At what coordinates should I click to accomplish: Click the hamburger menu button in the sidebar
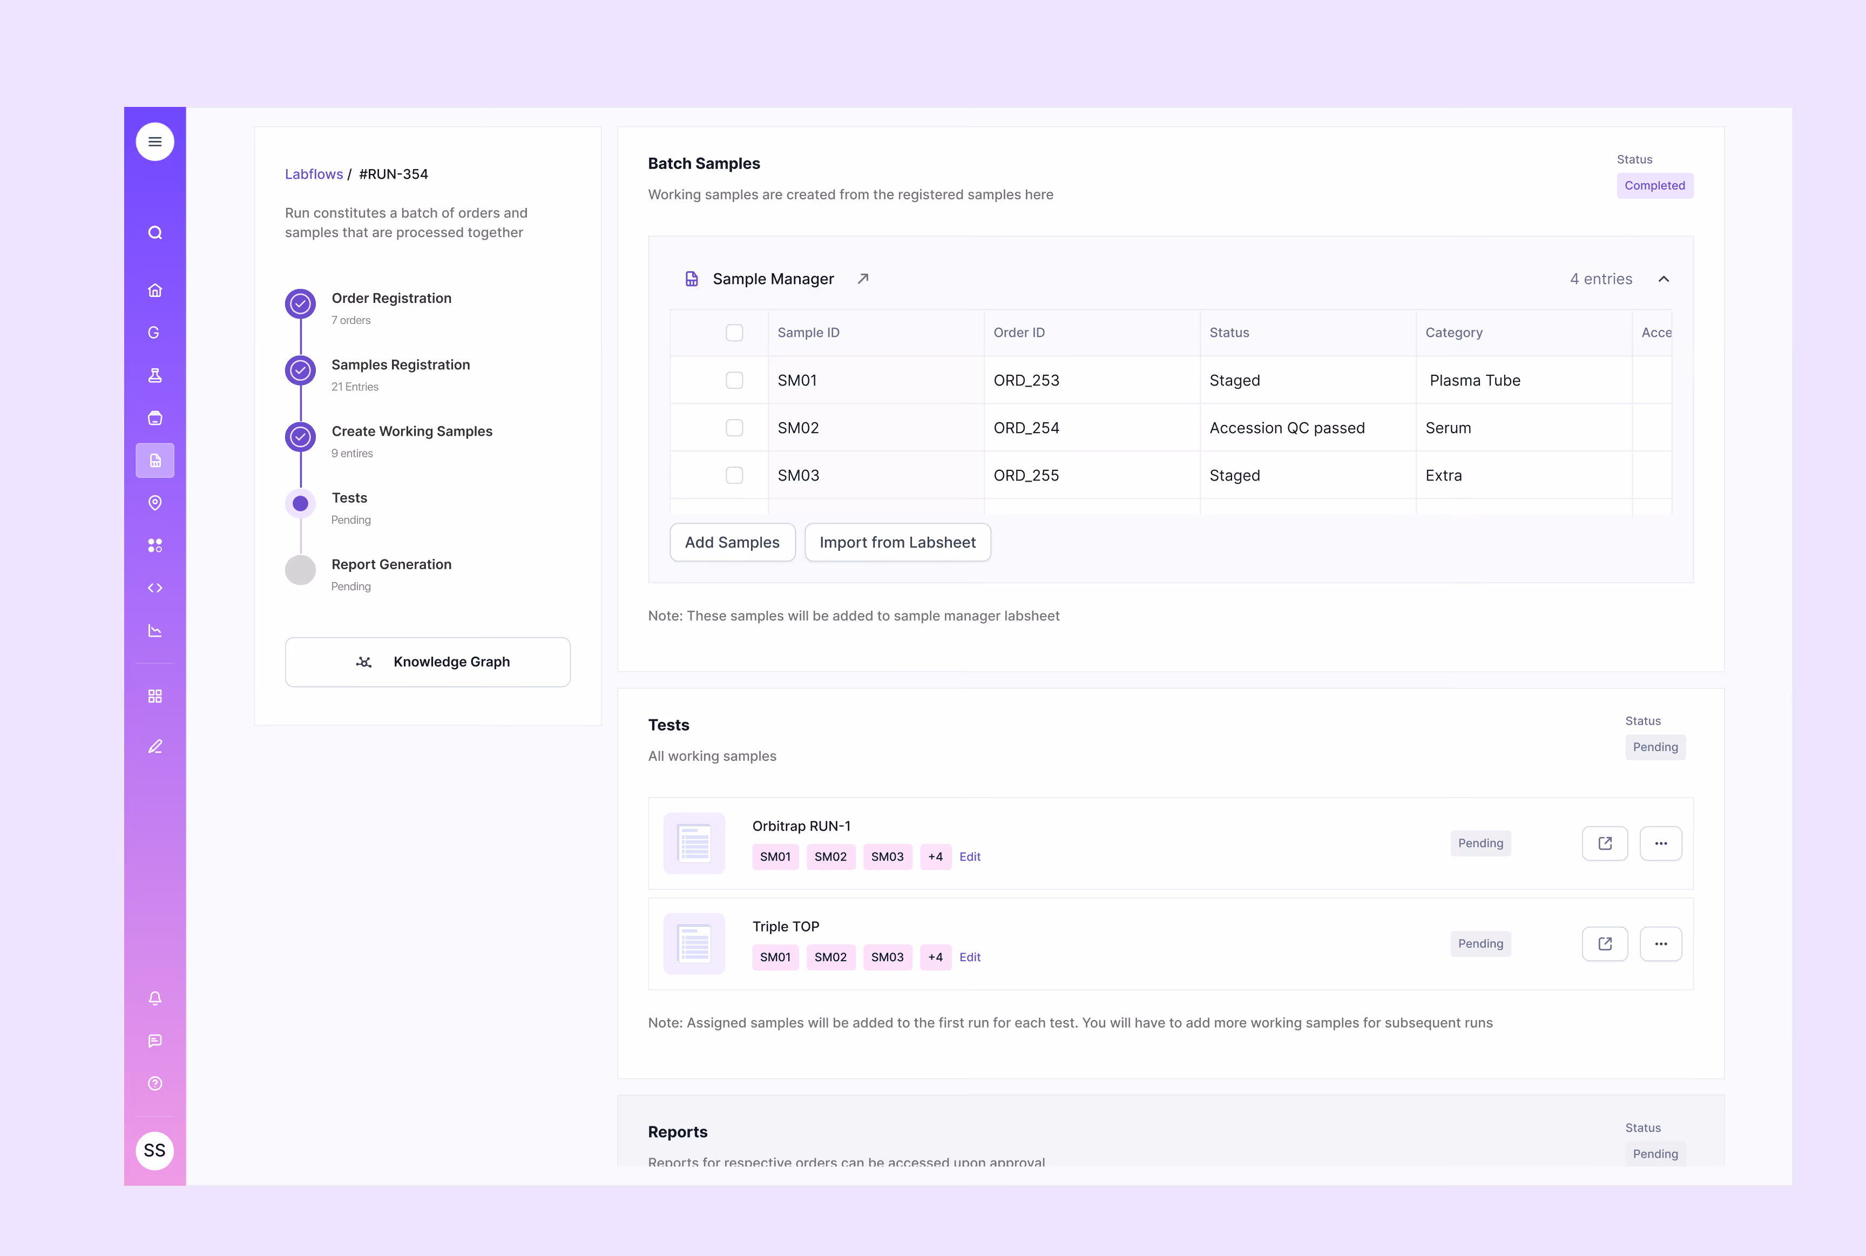[154, 142]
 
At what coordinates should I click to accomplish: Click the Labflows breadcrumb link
[313, 174]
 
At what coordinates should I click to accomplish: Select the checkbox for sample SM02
[734, 428]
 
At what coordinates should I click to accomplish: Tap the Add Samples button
[732, 542]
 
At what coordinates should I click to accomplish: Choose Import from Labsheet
[897, 542]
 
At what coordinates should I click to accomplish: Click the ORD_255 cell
[1026, 475]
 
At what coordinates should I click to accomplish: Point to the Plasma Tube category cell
[1475, 381]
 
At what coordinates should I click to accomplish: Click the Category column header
[1453, 333]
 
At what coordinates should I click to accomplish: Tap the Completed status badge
[1654, 186]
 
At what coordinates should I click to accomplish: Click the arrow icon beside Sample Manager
[862, 279]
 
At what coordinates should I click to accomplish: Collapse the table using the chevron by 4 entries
[1664, 279]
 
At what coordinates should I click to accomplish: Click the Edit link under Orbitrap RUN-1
[970, 856]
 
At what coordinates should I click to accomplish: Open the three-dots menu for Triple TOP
[1660, 943]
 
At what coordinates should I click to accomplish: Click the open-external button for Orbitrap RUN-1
[1604, 843]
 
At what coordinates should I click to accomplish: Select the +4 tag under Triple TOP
[935, 957]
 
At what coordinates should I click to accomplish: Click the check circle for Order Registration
[300, 303]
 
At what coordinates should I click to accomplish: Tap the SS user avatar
[154, 1150]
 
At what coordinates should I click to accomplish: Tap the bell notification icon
[154, 998]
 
